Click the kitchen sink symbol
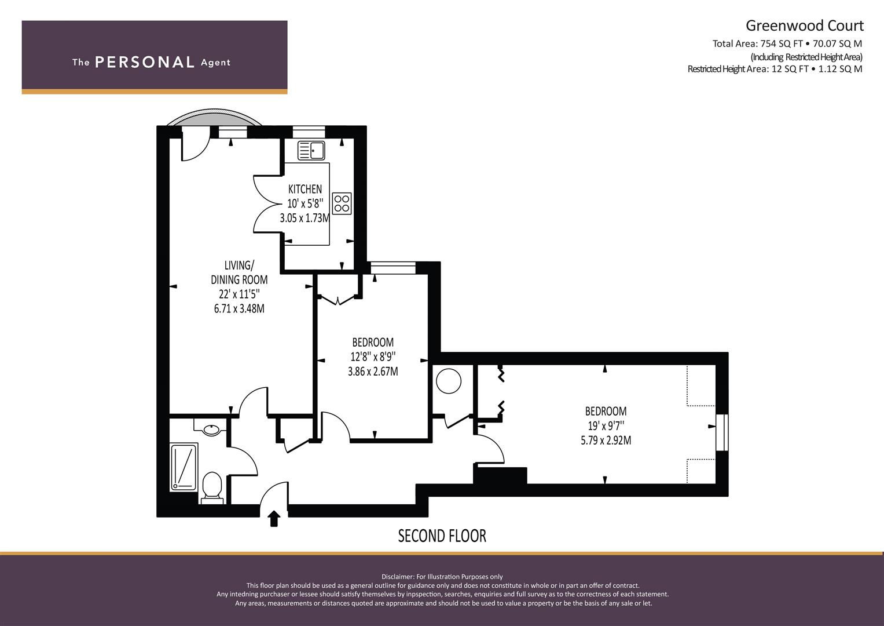[x=311, y=150]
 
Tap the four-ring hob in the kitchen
[x=342, y=203]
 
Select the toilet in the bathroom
[x=212, y=487]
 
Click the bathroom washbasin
[x=211, y=428]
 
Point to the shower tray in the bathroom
[x=184, y=467]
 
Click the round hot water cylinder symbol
[x=449, y=381]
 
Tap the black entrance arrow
[x=274, y=519]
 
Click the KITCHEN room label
[x=305, y=189]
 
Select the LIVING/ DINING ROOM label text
[x=239, y=272]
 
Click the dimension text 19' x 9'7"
[x=606, y=426]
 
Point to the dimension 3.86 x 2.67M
[x=373, y=372]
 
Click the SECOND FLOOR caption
[x=442, y=536]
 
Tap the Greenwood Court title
[x=805, y=26]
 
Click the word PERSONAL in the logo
[x=145, y=62]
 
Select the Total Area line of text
[x=787, y=43]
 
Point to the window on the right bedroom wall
[x=722, y=432]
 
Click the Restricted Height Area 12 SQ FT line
[x=775, y=69]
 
